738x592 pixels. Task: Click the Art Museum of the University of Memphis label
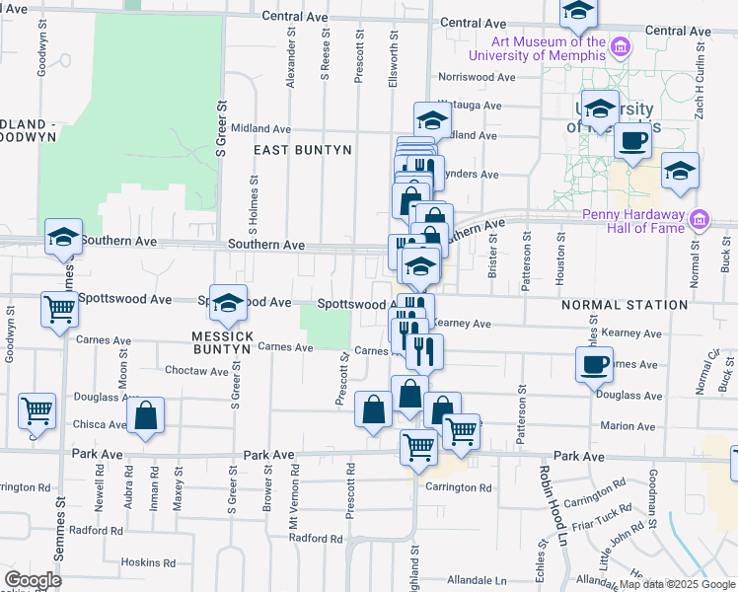[x=549, y=48]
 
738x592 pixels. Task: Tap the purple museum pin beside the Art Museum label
[x=620, y=46]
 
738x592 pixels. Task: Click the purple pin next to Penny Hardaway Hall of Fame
[x=700, y=218]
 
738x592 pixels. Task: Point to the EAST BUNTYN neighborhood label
[x=303, y=150]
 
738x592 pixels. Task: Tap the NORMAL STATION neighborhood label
[x=625, y=306]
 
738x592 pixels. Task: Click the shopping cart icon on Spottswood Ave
[x=59, y=309]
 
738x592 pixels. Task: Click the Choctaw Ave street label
[x=197, y=372]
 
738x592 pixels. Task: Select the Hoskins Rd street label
[x=148, y=562]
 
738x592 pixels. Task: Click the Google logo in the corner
[x=33, y=580]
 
